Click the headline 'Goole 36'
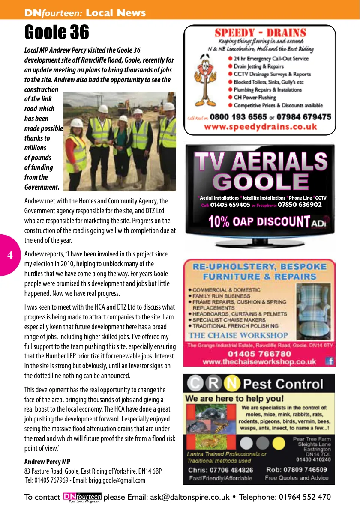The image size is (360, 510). [x=57, y=32]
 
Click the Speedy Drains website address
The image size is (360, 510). [x=261, y=127]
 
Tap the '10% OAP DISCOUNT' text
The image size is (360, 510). [x=259, y=221]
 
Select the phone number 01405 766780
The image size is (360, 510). [x=259, y=354]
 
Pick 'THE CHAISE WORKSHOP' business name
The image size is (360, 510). [x=239, y=335]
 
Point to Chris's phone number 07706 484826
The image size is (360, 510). [x=220, y=470]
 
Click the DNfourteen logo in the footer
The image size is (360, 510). [x=82, y=497]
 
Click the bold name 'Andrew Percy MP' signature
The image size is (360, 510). [x=47, y=462]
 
